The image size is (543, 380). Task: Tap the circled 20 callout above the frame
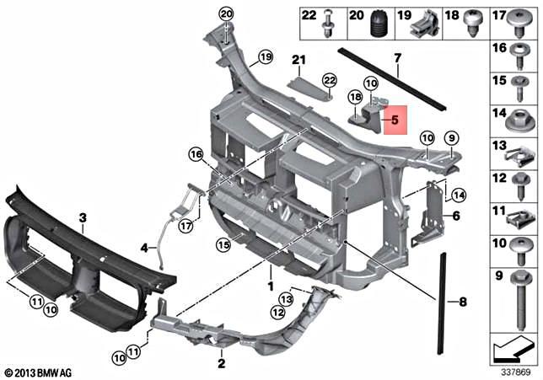coord(225,13)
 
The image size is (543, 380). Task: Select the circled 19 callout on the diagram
coord(266,57)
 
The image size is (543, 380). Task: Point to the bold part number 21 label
coord(297,59)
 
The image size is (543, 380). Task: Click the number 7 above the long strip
coord(395,58)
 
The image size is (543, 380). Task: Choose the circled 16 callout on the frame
coord(196,154)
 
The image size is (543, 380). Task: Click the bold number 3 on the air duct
coord(83,218)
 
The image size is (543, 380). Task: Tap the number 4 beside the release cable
coord(144,248)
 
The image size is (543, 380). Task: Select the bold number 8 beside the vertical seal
coord(461,300)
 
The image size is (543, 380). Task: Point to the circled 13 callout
coord(287,298)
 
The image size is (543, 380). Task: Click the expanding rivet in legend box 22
coord(327,24)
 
